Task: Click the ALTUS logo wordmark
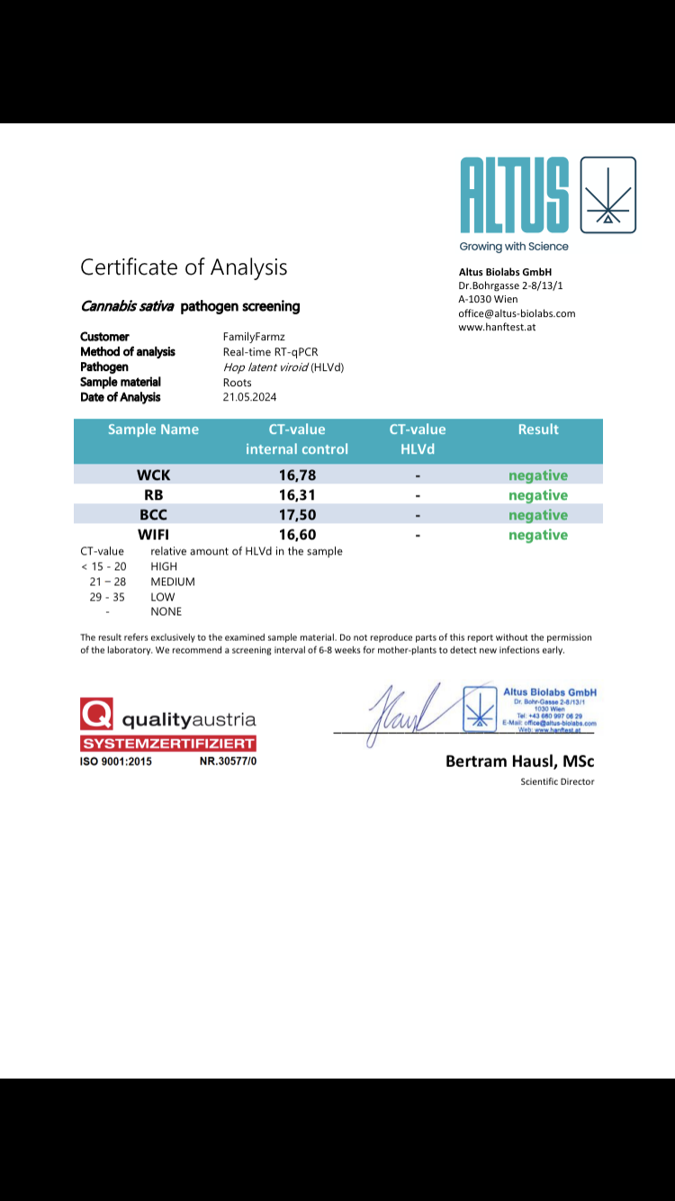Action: click(x=514, y=195)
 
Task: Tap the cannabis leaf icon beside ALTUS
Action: click(x=608, y=195)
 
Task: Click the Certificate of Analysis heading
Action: click(x=184, y=267)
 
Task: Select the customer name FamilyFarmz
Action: click(x=254, y=337)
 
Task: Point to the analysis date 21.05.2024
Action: click(x=249, y=397)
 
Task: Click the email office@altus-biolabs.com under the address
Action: click(x=517, y=313)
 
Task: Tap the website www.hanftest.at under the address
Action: click(x=497, y=327)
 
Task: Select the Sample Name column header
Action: click(x=153, y=429)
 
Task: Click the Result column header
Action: click(x=538, y=429)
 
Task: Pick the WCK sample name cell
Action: click(x=153, y=475)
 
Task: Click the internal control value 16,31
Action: click(x=297, y=495)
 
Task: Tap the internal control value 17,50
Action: click(x=297, y=515)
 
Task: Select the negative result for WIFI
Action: click(x=538, y=535)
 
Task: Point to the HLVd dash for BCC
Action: click(x=418, y=515)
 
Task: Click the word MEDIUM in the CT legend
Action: click(x=173, y=582)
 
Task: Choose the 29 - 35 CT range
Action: click(x=107, y=597)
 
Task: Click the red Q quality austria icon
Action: click(x=96, y=715)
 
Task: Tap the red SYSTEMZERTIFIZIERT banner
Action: click(x=168, y=744)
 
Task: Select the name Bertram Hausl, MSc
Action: click(x=519, y=762)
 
